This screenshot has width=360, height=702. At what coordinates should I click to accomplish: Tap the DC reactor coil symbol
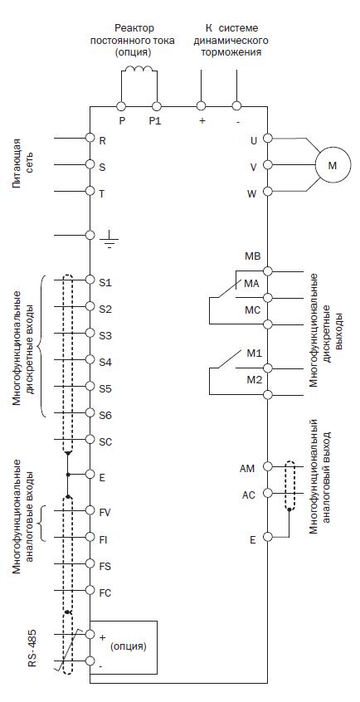(x=139, y=69)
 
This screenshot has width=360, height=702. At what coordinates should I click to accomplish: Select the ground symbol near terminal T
(x=109, y=241)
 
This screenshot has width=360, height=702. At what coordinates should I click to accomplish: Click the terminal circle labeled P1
(x=157, y=106)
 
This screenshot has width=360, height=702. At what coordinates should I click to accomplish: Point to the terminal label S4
(x=105, y=362)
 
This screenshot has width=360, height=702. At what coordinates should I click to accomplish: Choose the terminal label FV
(x=105, y=513)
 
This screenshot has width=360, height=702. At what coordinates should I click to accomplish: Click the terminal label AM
(x=247, y=469)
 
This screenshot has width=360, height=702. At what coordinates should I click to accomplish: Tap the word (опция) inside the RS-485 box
(x=129, y=647)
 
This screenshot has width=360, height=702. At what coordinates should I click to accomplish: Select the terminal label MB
(x=252, y=256)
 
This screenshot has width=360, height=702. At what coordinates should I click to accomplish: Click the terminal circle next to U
(x=268, y=139)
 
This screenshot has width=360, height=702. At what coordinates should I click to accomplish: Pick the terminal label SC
(x=105, y=442)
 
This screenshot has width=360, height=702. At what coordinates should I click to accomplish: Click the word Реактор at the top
(x=134, y=28)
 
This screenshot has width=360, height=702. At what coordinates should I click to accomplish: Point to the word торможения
(x=237, y=52)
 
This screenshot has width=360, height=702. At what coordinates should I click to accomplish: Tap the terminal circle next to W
(x=268, y=192)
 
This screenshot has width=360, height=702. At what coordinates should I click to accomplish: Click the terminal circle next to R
(x=90, y=138)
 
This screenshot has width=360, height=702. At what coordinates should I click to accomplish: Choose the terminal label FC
(x=105, y=592)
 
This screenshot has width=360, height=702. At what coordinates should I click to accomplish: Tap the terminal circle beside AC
(x=268, y=493)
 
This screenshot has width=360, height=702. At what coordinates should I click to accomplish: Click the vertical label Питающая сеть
(x=22, y=163)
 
